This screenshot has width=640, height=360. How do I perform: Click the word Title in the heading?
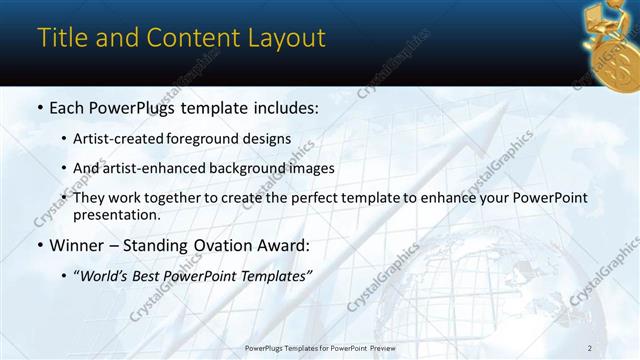[x=60, y=38]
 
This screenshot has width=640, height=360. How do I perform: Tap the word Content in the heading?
[x=190, y=38]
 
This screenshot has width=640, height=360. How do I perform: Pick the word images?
[x=312, y=168]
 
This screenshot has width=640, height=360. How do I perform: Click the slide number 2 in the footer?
[x=590, y=347]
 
